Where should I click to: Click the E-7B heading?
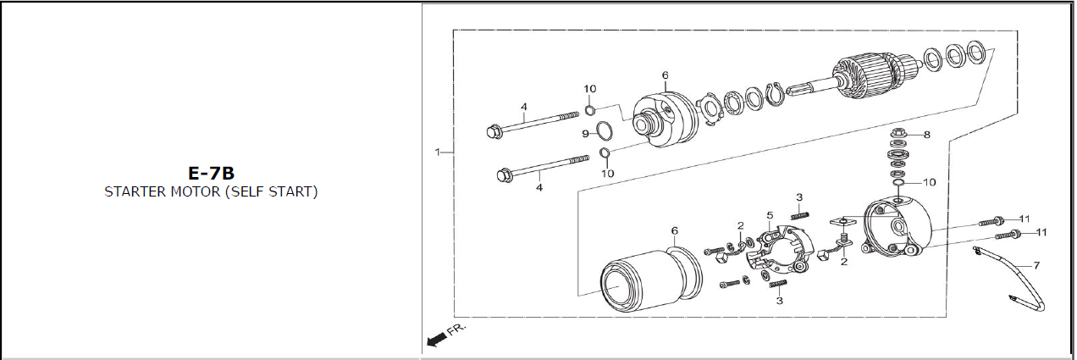coord(211,174)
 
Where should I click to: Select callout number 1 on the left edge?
coord(437,152)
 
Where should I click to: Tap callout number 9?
coord(585,133)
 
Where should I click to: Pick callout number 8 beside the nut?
coord(926,135)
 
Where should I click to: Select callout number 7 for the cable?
coord(1036,265)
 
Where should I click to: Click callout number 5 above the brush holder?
coord(770,215)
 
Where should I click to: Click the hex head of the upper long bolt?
coord(494,130)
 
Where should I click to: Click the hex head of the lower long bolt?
coord(504,175)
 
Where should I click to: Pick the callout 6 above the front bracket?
coord(665,75)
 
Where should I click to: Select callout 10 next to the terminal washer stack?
coord(930,182)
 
